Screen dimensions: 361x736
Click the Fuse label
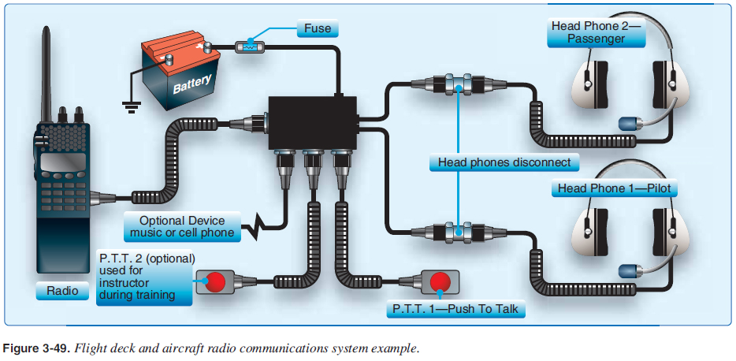point(318,29)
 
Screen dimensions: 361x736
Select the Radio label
point(61,291)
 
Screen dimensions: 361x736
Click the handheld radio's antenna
point(46,71)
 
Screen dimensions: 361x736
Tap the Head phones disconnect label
point(504,163)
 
